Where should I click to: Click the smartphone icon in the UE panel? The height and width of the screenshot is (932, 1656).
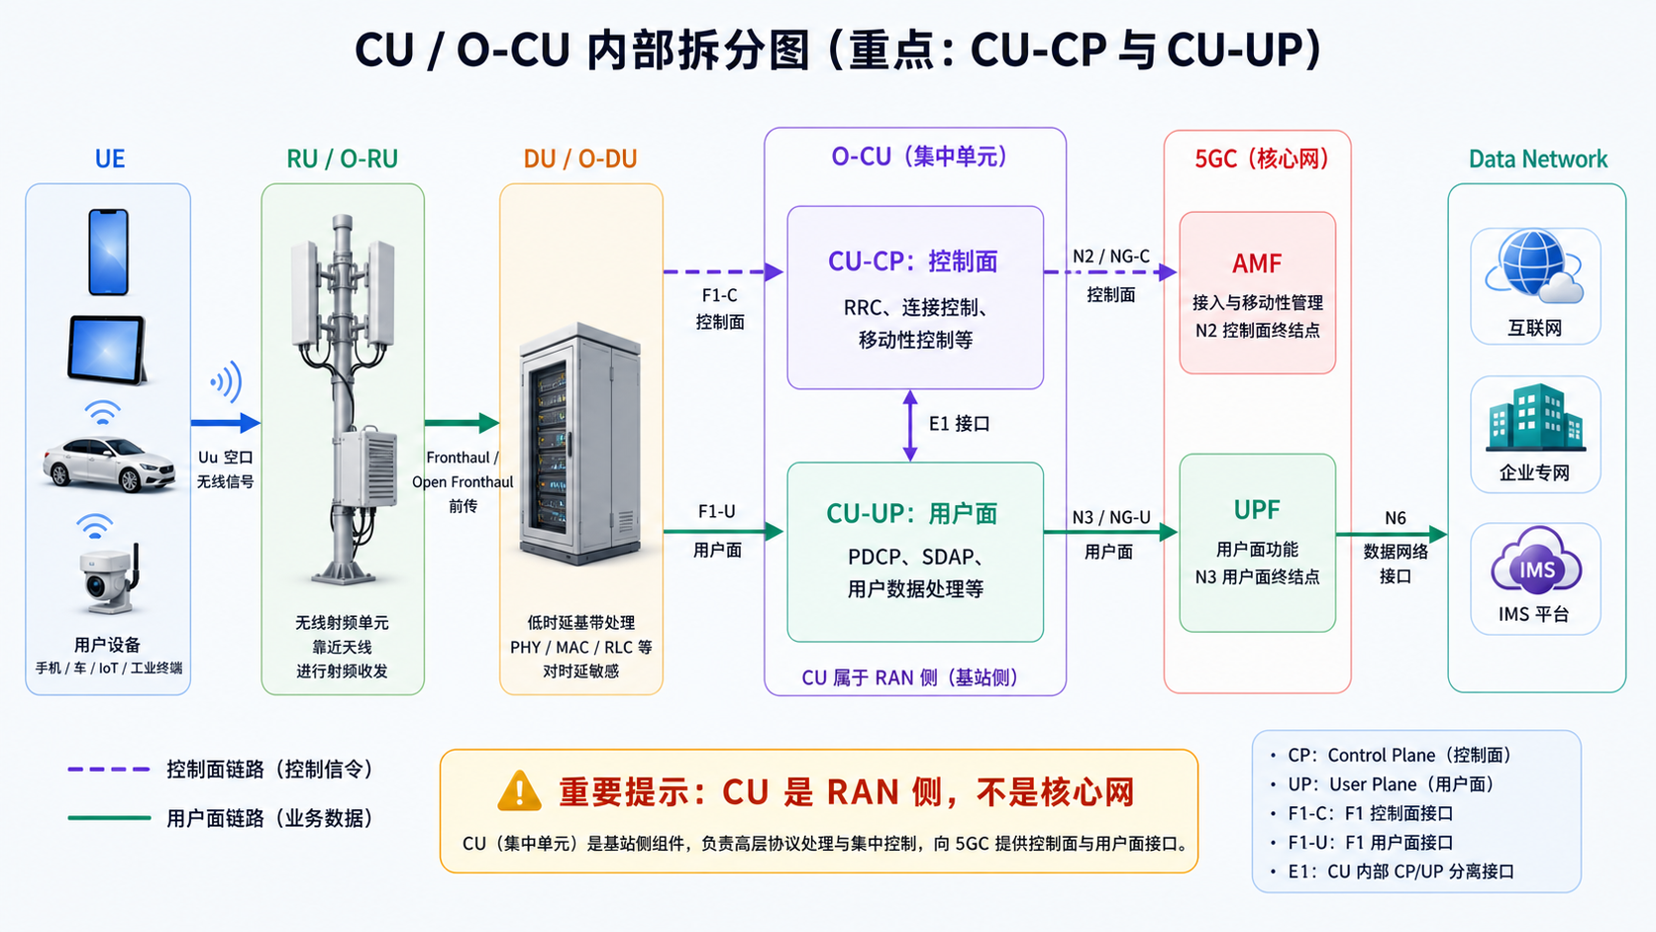[x=109, y=252]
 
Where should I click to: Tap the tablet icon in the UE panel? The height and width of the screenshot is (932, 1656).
[x=107, y=350]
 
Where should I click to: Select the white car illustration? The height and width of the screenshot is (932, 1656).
[x=109, y=464]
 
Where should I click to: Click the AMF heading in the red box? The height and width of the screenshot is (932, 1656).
[x=1257, y=263]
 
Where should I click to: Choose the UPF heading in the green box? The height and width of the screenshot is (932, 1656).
[x=1257, y=509]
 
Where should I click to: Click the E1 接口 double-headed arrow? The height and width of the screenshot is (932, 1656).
[x=911, y=426]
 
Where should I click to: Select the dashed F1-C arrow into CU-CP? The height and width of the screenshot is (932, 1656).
[x=724, y=272]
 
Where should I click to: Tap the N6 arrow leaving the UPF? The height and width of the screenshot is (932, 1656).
[x=1393, y=534]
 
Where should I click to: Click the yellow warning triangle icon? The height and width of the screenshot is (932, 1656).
[x=519, y=791]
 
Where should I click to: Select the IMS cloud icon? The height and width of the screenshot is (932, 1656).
[x=1536, y=562]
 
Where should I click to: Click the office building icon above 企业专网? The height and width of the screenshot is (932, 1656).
[x=1535, y=417]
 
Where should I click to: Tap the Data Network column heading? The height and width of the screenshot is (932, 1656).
[x=1538, y=158]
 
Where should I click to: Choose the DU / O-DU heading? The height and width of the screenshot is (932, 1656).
[x=580, y=158]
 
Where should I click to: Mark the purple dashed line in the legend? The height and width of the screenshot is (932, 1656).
[x=109, y=770]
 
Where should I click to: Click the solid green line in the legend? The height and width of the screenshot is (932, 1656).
[x=109, y=818]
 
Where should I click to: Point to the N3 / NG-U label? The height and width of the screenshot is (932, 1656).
[x=1111, y=517]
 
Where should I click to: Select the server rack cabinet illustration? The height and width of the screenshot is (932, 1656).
[x=580, y=444]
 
